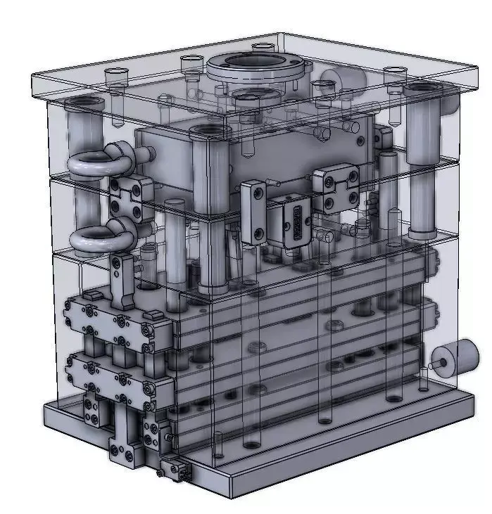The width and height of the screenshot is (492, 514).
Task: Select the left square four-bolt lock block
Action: (x=131, y=198)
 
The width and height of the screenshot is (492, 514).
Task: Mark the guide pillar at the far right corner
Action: (x=423, y=162)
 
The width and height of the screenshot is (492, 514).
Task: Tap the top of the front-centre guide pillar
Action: (x=210, y=133)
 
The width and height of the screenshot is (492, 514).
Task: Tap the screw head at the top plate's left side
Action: (x=115, y=72)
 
